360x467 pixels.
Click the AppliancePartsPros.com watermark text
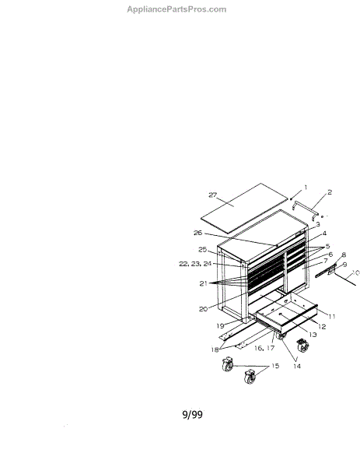click(177, 9)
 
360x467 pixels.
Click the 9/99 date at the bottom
click(193, 414)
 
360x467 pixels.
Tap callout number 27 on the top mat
click(213, 195)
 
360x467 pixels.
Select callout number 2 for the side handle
click(330, 192)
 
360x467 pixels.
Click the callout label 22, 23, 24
click(195, 264)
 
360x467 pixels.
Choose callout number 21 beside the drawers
click(203, 283)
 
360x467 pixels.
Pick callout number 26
click(197, 233)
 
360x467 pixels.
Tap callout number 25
click(203, 250)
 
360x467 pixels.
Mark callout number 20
click(203, 309)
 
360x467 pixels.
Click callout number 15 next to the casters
click(275, 366)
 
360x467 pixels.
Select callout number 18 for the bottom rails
click(215, 349)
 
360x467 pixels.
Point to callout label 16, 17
click(264, 348)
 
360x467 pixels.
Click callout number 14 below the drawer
click(297, 367)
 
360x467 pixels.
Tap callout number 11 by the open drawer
click(332, 317)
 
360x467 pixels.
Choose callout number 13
click(313, 335)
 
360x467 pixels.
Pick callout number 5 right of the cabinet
click(327, 246)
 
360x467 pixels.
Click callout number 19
click(220, 326)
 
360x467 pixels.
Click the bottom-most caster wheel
click(250, 377)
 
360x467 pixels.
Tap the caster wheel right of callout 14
click(303, 346)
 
